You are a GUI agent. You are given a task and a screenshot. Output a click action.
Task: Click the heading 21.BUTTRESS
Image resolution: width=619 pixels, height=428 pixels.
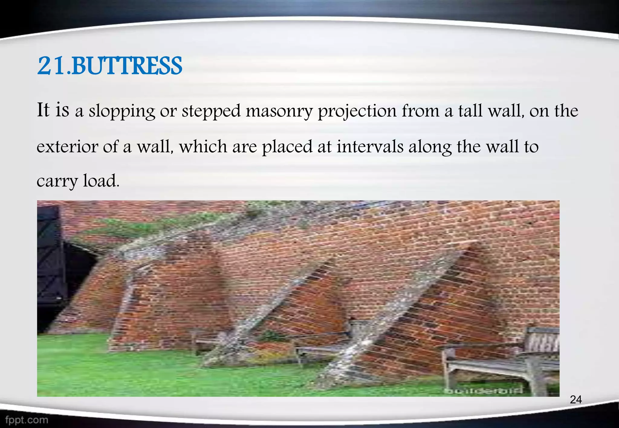click(109, 66)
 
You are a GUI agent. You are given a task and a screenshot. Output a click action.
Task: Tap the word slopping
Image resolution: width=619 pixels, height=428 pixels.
click(122, 111)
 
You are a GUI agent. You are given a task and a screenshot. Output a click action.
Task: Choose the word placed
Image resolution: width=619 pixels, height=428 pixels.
click(287, 147)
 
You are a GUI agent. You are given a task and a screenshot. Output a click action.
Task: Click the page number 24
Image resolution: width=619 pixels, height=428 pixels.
click(575, 400)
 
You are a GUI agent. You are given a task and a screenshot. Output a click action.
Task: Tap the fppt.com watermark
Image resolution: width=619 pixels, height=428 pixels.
click(27, 420)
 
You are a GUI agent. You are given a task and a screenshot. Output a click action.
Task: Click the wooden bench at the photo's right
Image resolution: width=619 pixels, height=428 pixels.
click(502, 359)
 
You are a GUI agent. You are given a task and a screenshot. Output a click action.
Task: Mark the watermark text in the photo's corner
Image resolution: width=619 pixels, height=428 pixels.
click(484, 391)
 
